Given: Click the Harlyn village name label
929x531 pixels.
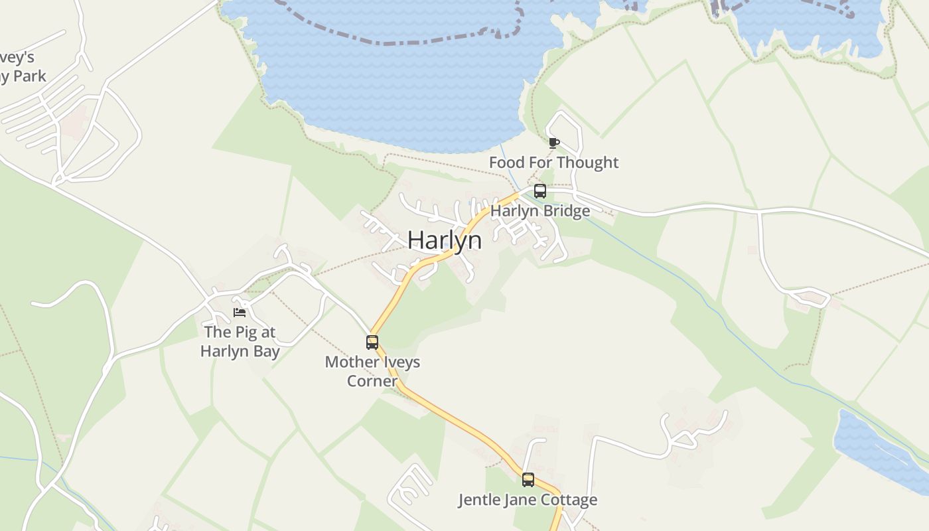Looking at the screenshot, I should (x=445, y=240).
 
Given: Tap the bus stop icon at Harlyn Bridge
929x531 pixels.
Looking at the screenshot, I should (x=540, y=192).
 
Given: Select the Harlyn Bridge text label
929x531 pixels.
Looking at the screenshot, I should (x=540, y=211).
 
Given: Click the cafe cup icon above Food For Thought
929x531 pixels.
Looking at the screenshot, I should (x=553, y=142).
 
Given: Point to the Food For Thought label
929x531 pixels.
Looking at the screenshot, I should (x=553, y=163).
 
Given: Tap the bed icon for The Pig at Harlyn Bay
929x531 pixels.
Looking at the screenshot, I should (x=240, y=313).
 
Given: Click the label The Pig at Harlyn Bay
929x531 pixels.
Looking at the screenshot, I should (x=240, y=341).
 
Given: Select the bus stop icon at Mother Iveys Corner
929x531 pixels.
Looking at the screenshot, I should (x=372, y=342).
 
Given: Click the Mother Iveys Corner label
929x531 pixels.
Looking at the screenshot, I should (x=372, y=372).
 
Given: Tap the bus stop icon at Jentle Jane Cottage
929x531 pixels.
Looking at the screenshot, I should (x=528, y=479).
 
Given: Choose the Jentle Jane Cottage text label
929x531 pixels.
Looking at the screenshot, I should (x=528, y=500).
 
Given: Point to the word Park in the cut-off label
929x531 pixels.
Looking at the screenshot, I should (x=29, y=76).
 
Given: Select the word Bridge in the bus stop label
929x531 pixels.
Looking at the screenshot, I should (x=565, y=211).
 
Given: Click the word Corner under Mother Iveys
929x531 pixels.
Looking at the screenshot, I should (x=372, y=381).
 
